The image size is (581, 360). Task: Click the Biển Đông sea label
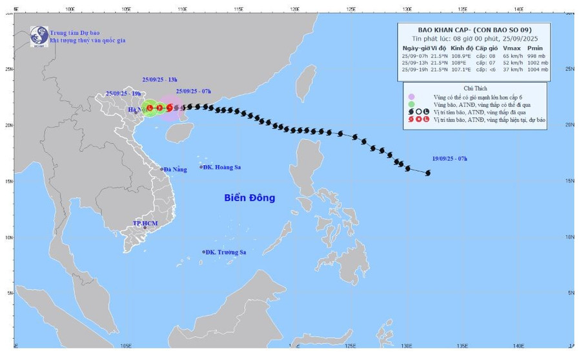tap(249, 198)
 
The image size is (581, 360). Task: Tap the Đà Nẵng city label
tap(174, 170)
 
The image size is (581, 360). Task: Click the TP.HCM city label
tap(145, 223)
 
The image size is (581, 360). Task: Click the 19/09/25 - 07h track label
tap(450, 158)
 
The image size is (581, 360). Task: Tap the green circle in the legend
tap(411, 104)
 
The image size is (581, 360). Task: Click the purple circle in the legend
tap(411, 97)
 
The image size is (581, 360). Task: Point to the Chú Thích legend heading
tap(475, 88)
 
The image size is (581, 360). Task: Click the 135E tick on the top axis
tap(462, 9)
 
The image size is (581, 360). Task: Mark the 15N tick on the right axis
tap(570, 181)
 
